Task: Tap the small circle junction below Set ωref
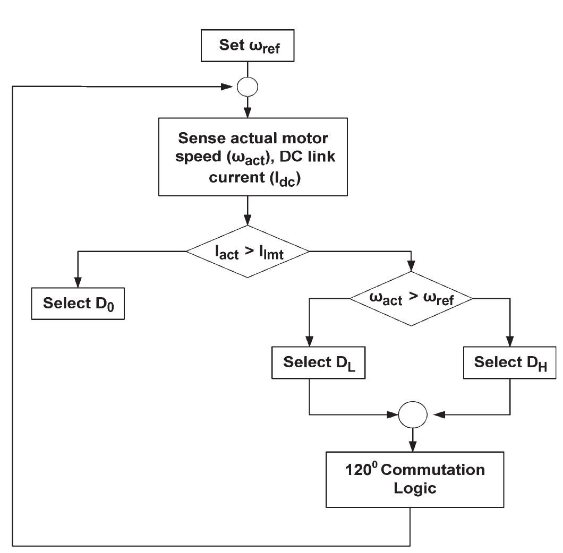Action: [x=248, y=86]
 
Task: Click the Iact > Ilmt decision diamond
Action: [x=248, y=251]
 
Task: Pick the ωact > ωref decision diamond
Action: [x=411, y=298]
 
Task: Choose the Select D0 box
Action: [x=78, y=305]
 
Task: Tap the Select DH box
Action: [x=510, y=363]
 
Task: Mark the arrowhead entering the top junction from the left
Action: [x=232, y=86]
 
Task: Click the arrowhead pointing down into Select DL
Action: [x=309, y=342]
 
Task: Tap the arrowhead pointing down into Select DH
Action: [x=510, y=342]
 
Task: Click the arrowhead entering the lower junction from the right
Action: [x=431, y=413]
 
